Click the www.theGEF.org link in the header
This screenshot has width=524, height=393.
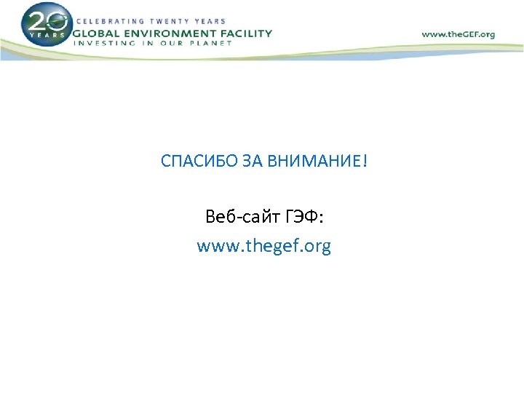[x=458, y=34]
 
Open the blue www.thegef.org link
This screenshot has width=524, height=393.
[x=263, y=247]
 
